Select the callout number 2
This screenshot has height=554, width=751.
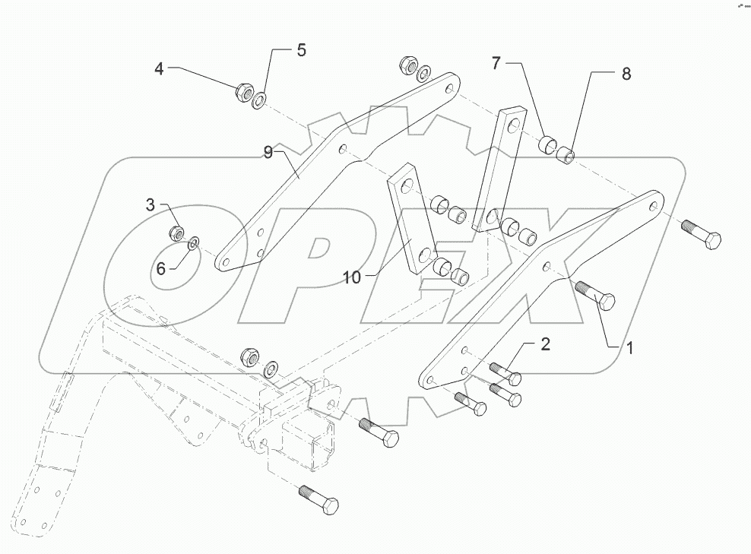click(x=545, y=344)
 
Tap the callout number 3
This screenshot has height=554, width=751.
click(x=151, y=204)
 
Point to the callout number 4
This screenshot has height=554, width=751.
click(x=159, y=68)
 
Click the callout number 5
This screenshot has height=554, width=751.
click(x=301, y=51)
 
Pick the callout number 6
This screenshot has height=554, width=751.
click(x=161, y=268)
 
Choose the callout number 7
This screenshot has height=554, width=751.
click(x=496, y=63)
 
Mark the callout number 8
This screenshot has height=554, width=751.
click(x=626, y=74)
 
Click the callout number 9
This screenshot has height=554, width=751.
click(x=268, y=153)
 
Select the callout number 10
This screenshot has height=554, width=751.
click(x=351, y=278)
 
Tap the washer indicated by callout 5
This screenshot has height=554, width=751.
click(x=261, y=100)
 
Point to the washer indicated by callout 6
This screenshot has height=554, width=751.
click(x=194, y=243)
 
